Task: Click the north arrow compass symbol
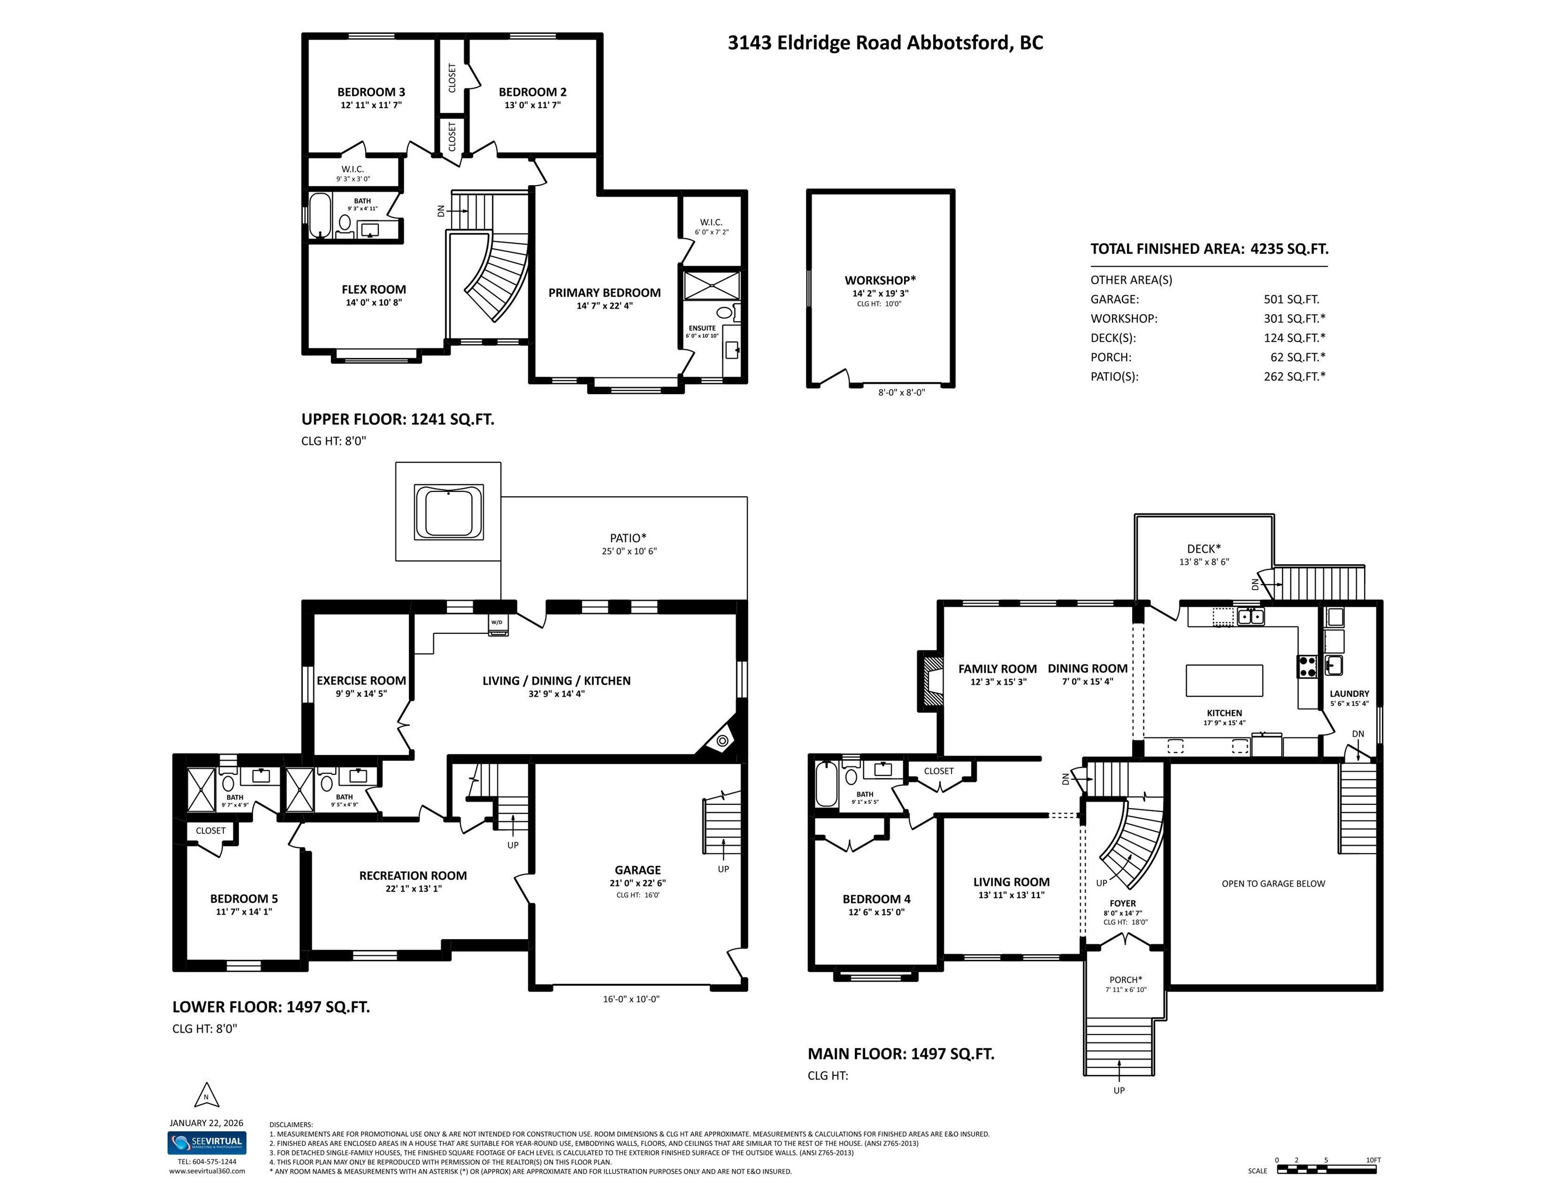click(206, 1095)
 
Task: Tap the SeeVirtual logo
click(207, 1143)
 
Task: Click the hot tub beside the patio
click(448, 511)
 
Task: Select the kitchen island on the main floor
click(1224, 681)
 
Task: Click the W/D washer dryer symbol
click(497, 624)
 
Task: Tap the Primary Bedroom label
click(604, 292)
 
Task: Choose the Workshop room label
click(880, 280)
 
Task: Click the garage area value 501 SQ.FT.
click(1292, 299)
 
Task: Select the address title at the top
click(885, 43)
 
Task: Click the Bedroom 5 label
click(244, 898)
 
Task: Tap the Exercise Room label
click(361, 681)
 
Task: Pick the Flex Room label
click(374, 290)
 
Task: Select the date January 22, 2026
click(206, 1123)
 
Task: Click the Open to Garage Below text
click(1273, 883)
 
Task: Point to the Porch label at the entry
click(1126, 980)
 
